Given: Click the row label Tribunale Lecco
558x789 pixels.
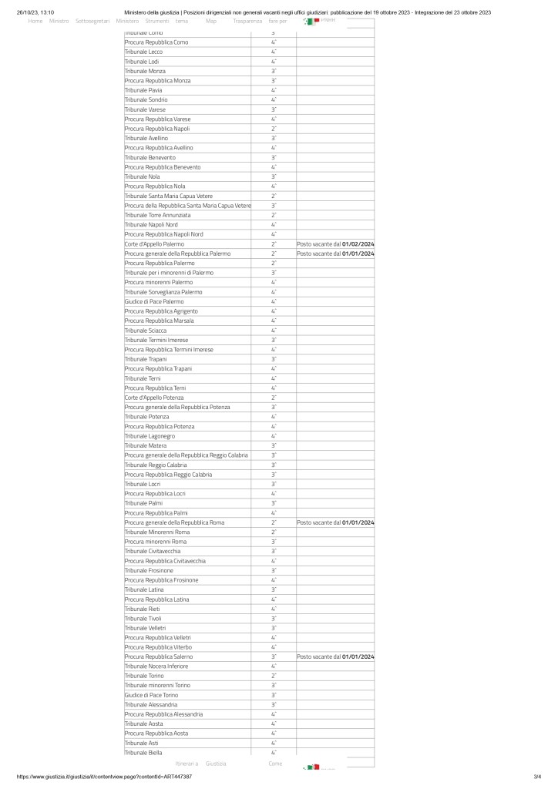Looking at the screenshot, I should (143, 52).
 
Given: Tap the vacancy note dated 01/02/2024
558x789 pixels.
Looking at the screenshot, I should (335, 243).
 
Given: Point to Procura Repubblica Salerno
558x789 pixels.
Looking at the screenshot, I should (158, 656).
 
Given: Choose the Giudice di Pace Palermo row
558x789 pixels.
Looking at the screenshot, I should (154, 301).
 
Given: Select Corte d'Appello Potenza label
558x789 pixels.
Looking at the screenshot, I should (154, 398).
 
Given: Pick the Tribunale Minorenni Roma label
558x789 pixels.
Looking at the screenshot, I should (157, 532).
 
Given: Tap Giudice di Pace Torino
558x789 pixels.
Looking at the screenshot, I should (151, 695).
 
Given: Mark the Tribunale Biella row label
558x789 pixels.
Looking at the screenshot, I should (143, 753).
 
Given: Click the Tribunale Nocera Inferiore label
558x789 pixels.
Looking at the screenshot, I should (156, 666).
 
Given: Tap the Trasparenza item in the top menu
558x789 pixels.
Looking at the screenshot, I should (247, 21).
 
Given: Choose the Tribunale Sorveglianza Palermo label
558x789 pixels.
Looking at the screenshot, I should (163, 292).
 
